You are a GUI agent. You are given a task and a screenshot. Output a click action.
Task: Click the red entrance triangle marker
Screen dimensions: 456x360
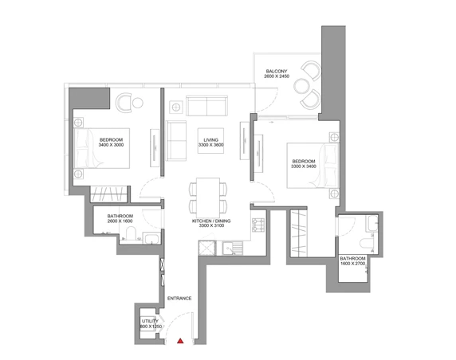tap(181, 341)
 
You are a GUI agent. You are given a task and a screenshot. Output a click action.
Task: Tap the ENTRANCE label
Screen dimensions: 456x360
tap(179, 299)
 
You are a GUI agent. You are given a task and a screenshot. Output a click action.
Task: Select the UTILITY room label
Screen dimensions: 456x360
tap(150, 321)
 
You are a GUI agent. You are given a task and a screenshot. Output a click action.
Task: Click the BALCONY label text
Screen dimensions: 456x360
tap(277, 71)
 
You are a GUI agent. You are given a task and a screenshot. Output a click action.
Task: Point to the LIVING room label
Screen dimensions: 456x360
tap(210, 140)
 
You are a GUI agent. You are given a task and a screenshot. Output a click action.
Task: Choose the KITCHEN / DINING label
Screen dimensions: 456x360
tap(211, 221)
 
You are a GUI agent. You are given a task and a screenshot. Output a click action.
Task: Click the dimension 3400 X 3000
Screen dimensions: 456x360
tap(111, 145)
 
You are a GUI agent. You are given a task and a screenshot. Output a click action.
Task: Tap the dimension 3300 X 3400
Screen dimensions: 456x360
tap(304, 166)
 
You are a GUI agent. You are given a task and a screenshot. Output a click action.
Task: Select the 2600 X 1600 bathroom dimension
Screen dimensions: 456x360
tap(120, 221)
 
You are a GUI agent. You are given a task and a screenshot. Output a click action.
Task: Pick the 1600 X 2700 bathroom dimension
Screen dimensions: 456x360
tap(352, 264)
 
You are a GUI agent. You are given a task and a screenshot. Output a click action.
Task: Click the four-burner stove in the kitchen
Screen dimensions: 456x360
tap(258, 225)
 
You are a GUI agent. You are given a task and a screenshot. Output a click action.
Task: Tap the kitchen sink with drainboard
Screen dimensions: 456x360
tap(232, 248)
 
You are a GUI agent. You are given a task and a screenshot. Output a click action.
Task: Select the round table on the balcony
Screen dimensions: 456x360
tap(301, 86)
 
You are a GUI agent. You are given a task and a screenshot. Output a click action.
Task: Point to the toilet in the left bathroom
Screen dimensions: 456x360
tap(132, 234)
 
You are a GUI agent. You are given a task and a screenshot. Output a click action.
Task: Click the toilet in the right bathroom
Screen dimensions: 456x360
tap(367, 244)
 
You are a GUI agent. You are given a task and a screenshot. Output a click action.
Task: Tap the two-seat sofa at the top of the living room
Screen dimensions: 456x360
tap(206, 105)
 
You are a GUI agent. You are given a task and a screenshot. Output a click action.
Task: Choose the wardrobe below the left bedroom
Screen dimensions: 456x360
tap(109, 194)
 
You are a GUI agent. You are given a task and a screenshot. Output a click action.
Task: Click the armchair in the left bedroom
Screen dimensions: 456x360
tap(124, 102)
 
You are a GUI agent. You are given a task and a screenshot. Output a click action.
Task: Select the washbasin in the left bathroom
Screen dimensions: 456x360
tap(151, 239)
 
